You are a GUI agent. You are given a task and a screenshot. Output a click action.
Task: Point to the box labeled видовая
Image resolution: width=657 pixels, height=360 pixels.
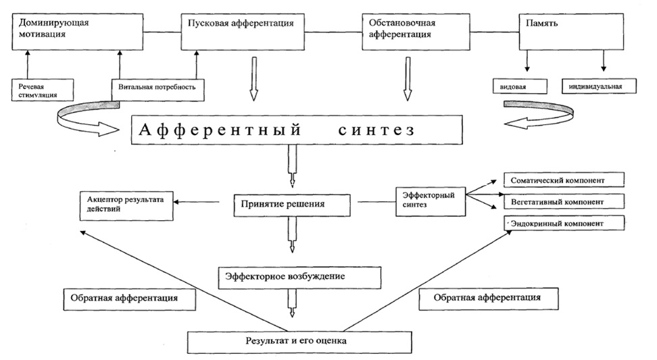click(x=519, y=86)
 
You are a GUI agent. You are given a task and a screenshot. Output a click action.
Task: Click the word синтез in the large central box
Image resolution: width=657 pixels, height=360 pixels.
click(x=373, y=130)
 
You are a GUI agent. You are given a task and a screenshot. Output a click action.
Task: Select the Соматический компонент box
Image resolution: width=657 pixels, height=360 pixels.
click(x=563, y=180)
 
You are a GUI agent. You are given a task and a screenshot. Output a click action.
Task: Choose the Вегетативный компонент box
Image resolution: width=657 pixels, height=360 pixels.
click(x=563, y=201)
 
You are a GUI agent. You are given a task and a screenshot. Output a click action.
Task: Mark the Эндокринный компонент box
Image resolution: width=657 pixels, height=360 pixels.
click(x=563, y=223)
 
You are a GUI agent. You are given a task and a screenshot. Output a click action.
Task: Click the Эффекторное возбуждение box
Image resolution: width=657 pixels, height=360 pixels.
click(x=298, y=276)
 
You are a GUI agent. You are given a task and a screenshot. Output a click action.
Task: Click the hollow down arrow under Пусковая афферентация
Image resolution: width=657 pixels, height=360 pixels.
click(x=253, y=79)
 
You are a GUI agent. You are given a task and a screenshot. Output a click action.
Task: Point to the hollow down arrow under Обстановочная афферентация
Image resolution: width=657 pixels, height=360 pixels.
click(x=408, y=79)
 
